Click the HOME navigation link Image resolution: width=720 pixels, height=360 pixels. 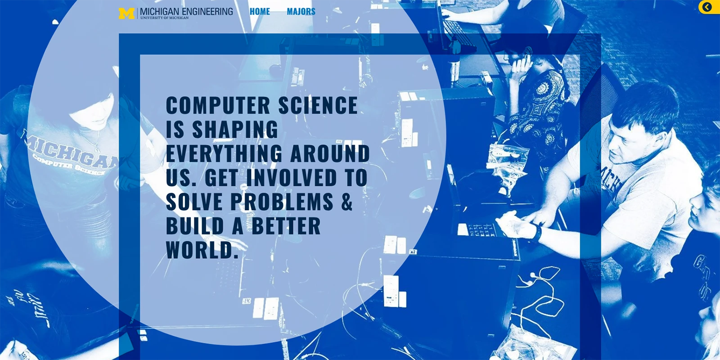(260, 12)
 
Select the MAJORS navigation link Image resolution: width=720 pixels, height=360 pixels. (301, 12)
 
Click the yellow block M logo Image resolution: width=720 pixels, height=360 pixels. (126, 13)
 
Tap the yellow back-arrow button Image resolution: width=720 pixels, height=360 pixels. (707, 7)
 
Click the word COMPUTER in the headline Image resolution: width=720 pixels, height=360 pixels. (218, 106)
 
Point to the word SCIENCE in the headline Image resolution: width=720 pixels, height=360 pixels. (318, 106)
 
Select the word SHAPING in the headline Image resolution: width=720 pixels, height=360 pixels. (235, 130)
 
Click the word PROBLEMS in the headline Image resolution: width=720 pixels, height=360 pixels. (282, 202)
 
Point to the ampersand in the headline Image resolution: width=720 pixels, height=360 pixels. (346, 202)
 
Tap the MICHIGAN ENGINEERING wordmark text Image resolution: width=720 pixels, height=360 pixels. (186, 11)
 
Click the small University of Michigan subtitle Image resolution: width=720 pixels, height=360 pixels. (164, 18)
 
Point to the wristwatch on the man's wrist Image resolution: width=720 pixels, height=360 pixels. (538, 233)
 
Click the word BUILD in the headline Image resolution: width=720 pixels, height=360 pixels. (195, 226)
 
